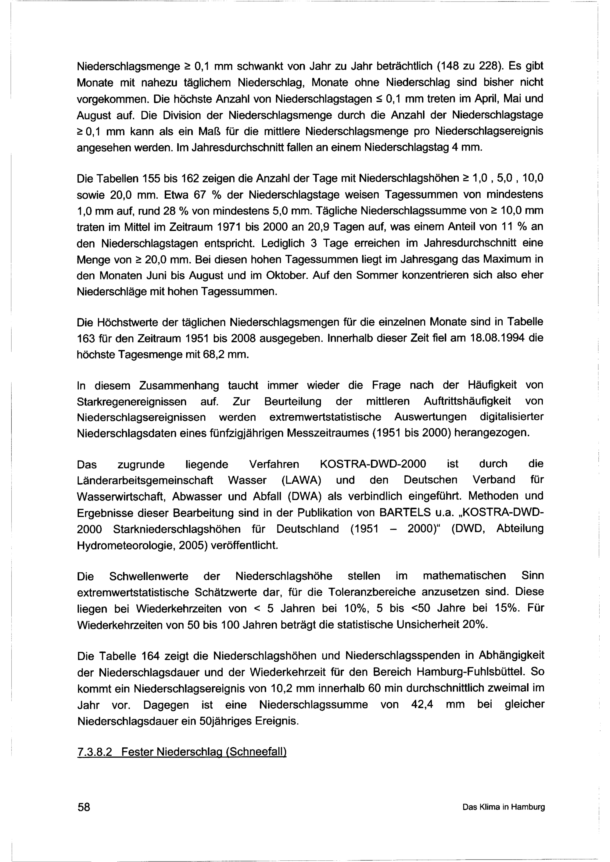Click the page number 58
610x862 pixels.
(x=84, y=807)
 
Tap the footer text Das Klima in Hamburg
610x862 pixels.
(x=503, y=807)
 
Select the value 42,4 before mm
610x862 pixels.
(x=422, y=704)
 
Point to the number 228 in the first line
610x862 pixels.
(x=488, y=66)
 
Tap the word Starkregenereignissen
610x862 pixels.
(x=132, y=401)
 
